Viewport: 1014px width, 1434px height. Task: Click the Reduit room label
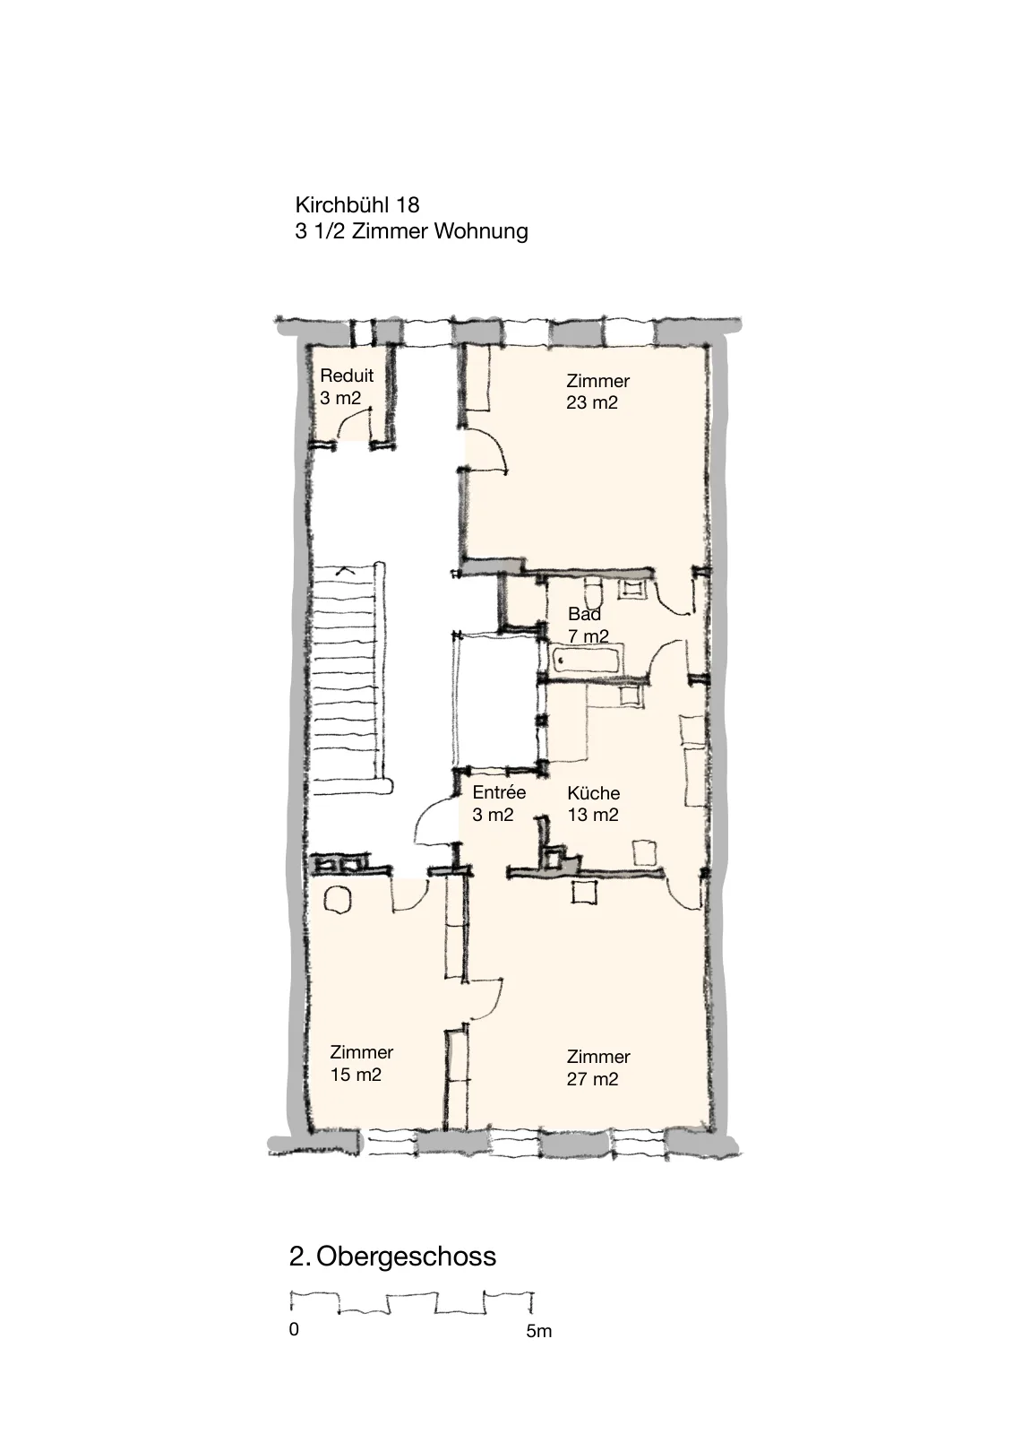coord(346,376)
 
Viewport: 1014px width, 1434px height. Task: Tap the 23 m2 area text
coord(592,402)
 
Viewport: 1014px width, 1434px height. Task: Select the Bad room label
coord(584,614)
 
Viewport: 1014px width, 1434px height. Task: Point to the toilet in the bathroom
coord(594,592)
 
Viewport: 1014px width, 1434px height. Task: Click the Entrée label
coord(499,792)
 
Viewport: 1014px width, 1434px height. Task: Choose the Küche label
coord(593,793)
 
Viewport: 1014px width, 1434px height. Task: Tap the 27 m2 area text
coord(592,1079)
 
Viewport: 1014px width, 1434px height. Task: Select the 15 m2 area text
coord(356,1075)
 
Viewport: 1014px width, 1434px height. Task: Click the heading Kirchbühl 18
coord(357,205)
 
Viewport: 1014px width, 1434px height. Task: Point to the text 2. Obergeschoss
coord(393,1257)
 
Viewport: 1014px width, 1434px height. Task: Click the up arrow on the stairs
coord(345,569)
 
